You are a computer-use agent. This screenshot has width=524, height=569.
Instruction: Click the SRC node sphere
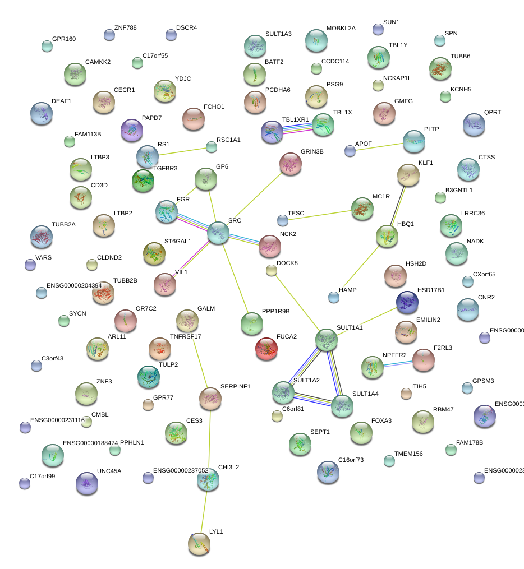[x=218, y=233]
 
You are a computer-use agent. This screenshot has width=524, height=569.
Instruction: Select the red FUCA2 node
[x=266, y=349]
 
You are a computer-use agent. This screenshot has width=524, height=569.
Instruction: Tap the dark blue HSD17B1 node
[x=407, y=302]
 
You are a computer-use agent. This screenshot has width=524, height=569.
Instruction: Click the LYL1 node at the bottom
[x=199, y=543]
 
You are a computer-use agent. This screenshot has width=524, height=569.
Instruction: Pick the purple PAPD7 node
[x=132, y=130]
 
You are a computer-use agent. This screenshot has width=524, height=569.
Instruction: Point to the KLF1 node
[x=408, y=175]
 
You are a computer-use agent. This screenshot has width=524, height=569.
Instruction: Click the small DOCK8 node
[x=272, y=271]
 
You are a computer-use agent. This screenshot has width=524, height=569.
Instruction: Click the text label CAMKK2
[x=98, y=62]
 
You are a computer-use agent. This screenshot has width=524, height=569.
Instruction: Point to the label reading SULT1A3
[x=278, y=34]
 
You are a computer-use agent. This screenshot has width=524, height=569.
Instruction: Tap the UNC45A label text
[x=109, y=471]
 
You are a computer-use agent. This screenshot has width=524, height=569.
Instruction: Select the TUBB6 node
[x=440, y=68]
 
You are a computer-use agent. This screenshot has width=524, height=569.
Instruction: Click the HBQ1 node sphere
[x=387, y=236]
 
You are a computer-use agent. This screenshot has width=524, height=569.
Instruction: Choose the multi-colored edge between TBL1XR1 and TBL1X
[x=298, y=128]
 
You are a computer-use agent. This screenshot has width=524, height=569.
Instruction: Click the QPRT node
[x=474, y=124]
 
